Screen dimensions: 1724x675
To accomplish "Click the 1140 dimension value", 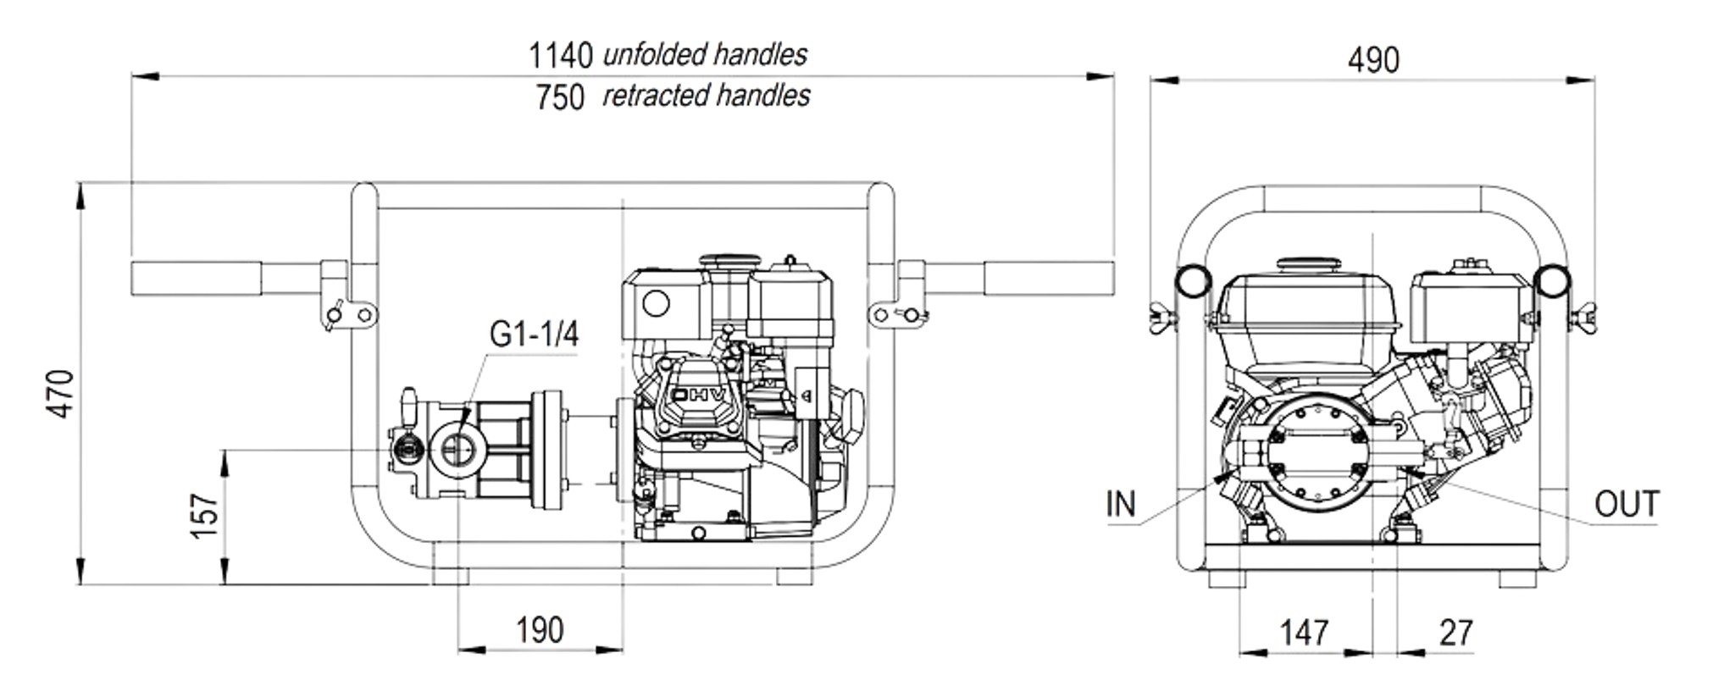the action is [x=561, y=55].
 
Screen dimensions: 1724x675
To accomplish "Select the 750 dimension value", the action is [x=560, y=97].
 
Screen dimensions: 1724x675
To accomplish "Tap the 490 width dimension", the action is [x=1373, y=60].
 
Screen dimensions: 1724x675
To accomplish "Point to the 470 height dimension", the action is [x=61, y=393].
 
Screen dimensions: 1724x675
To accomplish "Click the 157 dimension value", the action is [x=205, y=514].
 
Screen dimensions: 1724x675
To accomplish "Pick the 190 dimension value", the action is [x=540, y=630].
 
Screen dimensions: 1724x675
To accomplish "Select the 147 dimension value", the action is [x=1304, y=633].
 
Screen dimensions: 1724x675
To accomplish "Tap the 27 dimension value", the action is [x=1456, y=633].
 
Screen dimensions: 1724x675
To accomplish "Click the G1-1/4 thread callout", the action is [x=534, y=334].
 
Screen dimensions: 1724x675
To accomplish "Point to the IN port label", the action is [x=1121, y=504].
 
